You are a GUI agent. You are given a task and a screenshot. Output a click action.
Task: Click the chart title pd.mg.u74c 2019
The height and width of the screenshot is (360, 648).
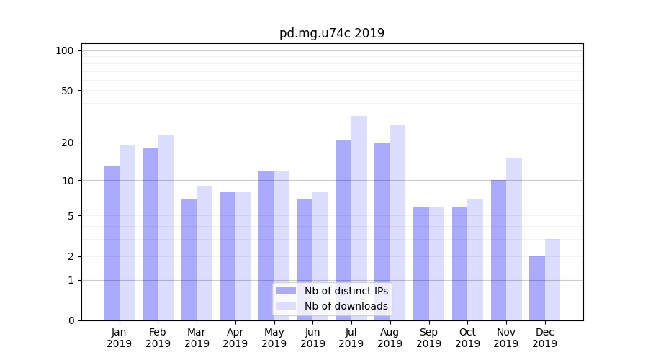click(x=332, y=33)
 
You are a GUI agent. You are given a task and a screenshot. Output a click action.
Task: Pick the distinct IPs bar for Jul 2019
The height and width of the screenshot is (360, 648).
click(x=343, y=230)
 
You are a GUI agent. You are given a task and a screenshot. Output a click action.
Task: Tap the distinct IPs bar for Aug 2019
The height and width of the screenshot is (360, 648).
click(x=382, y=231)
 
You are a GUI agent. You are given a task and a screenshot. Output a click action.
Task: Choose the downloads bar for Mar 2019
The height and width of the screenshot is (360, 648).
click(x=204, y=253)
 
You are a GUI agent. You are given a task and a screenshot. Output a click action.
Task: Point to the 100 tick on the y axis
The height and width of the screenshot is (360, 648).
click(x=65, y=50)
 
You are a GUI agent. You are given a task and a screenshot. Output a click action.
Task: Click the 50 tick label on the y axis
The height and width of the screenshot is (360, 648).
click(x=68, y=91)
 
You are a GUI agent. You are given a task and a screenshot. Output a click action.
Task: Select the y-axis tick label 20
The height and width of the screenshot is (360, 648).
click(x=68, y=143)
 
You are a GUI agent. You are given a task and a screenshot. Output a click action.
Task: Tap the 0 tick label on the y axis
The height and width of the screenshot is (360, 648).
click(x=71, y=320)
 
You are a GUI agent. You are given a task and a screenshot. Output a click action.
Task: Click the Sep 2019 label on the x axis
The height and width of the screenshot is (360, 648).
click(x=428, y=338)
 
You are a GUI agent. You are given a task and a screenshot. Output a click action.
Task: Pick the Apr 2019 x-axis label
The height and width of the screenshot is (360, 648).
click(x=235, y=338)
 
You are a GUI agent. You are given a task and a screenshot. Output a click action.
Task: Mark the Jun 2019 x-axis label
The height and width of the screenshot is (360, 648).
click(x=312, y=338)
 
